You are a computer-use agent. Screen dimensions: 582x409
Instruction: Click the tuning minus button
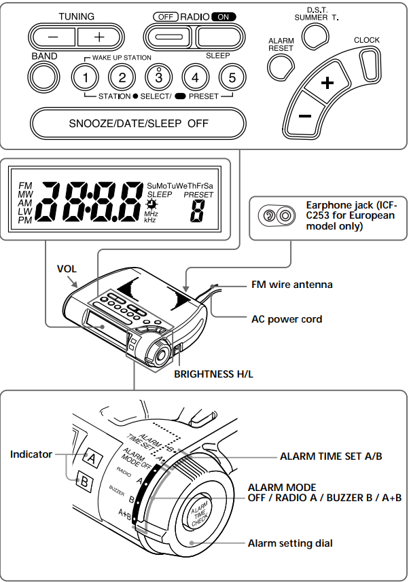53,35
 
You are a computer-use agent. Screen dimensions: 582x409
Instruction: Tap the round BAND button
44,76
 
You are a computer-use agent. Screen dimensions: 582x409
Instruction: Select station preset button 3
158,77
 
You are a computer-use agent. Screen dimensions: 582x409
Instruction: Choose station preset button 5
232,77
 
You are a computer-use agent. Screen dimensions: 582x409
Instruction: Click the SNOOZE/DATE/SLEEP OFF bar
138,124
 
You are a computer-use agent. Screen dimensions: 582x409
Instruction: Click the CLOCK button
368,64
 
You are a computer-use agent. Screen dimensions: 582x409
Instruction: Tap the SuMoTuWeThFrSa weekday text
179,185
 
